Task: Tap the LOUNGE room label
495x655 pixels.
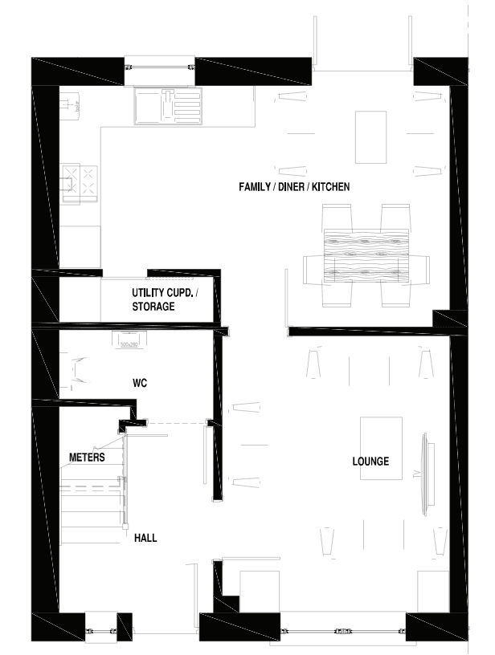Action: click(x=370, y=462)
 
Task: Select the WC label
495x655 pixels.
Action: click(x=140, y=383)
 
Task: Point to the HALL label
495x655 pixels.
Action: click(x=145, y=538)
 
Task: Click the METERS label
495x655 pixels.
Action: click(x=87, y=457)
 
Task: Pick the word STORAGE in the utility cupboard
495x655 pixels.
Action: click(x=153, y=307)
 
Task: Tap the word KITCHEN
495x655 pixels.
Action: click(x=331, y=187)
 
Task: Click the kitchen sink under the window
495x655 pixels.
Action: click(x=168, y=106)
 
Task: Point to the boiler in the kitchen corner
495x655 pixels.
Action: click(x=70, y=104)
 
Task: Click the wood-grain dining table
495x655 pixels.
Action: click(x=366, y=254)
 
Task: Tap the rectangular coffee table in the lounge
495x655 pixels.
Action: click(x=381, y=448)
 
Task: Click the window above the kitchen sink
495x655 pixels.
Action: click(x=159, y=67)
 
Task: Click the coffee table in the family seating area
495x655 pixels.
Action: click(x=370, y=137)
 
